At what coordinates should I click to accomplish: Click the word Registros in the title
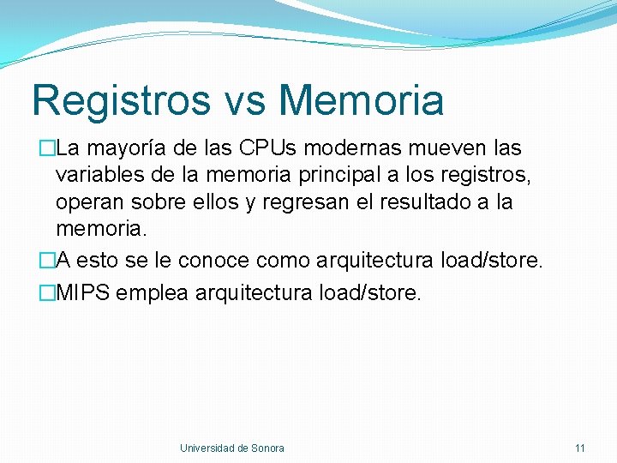tap(120, 100)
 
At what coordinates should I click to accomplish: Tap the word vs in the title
tap(243, 100)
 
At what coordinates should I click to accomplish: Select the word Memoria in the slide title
tap(361, 100)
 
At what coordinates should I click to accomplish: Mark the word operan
tap(88, 203)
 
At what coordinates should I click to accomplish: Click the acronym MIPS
tap(83, 292)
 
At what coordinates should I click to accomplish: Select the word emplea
tap(153, 293)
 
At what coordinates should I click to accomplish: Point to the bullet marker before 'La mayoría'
tap(47, 148)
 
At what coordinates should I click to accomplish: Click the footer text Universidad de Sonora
tap(231, 448)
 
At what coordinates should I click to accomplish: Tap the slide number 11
tap(580, 448)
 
